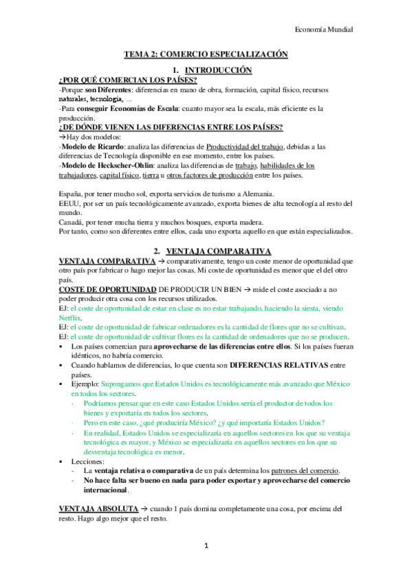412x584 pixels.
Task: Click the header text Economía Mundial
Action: tap(323, 30)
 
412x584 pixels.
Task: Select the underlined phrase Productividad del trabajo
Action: tap(247, 147)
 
